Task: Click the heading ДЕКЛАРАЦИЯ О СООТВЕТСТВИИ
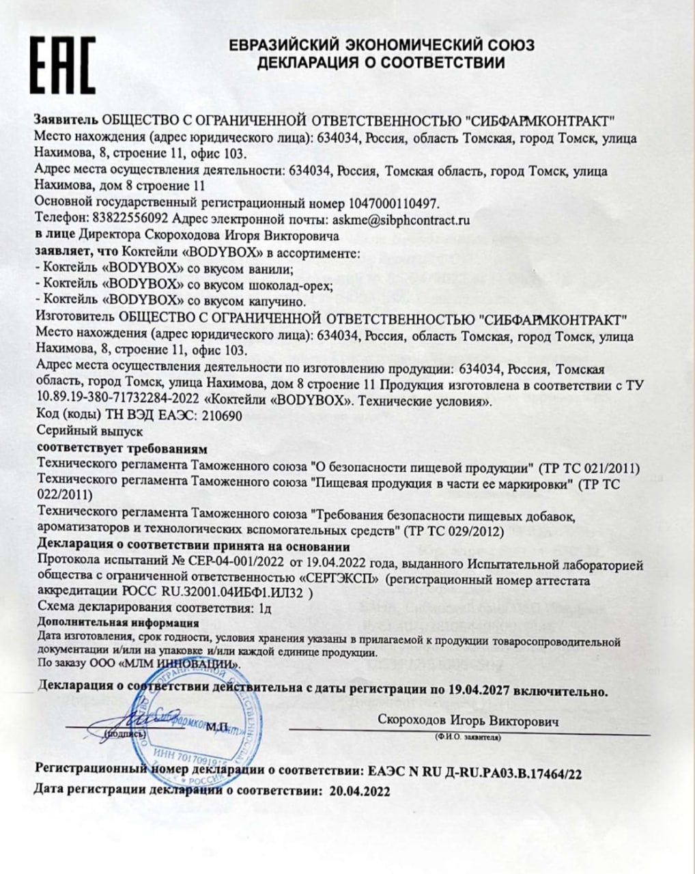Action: [381, 64]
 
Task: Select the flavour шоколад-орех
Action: [289, 284]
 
